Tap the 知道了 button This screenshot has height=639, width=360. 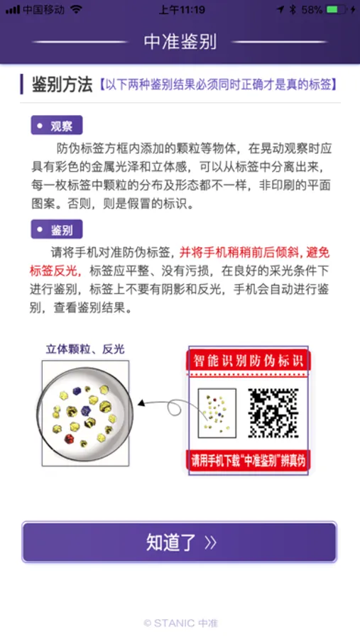180,542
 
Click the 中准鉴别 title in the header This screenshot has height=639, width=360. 180,42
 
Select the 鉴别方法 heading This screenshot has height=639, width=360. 62,84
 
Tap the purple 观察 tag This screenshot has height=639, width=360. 57,126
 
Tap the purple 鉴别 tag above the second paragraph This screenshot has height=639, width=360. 57,229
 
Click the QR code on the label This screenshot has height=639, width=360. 273,413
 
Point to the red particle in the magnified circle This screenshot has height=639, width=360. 70,439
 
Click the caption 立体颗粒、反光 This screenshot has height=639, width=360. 84,349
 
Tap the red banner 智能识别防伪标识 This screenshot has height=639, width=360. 249,360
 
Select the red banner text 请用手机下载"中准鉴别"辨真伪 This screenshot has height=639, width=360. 249,461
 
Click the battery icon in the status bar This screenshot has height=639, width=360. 337,9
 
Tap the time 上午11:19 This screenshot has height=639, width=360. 182,9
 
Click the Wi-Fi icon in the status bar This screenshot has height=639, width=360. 76,9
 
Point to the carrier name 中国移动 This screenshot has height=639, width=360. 43,9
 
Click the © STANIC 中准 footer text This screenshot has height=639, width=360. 180,623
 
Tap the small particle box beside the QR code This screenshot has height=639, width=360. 217,413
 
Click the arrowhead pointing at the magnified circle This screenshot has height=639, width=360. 141,403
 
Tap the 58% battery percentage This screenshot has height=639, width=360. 312,9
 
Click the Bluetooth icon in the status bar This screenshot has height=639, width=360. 293,9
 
